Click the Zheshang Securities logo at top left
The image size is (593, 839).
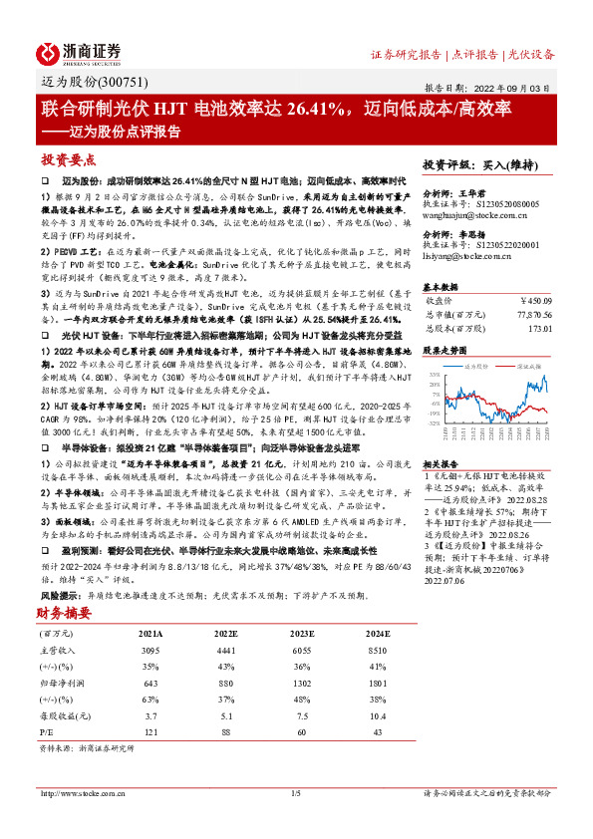(79, 52)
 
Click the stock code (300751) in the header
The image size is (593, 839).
(117, 83)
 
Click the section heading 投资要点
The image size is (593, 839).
(69, 159)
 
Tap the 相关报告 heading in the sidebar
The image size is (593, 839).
(441, 463)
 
